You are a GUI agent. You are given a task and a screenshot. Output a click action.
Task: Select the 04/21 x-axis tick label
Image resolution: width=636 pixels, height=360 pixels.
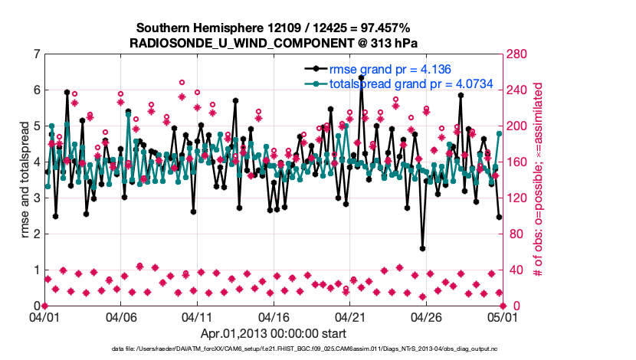click(349, 316)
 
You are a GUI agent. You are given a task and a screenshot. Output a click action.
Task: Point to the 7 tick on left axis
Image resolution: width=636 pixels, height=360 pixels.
click(36, 54)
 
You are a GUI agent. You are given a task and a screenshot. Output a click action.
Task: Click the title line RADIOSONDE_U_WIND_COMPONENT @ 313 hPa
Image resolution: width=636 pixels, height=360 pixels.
click(274, 41)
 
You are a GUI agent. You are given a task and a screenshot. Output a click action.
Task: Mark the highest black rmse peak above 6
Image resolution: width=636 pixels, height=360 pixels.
click(361, 77)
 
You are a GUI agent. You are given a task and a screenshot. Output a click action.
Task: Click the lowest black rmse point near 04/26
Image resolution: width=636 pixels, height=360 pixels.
click(422, 248)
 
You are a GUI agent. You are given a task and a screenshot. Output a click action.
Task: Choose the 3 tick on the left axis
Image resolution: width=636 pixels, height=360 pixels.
click(36, 198)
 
